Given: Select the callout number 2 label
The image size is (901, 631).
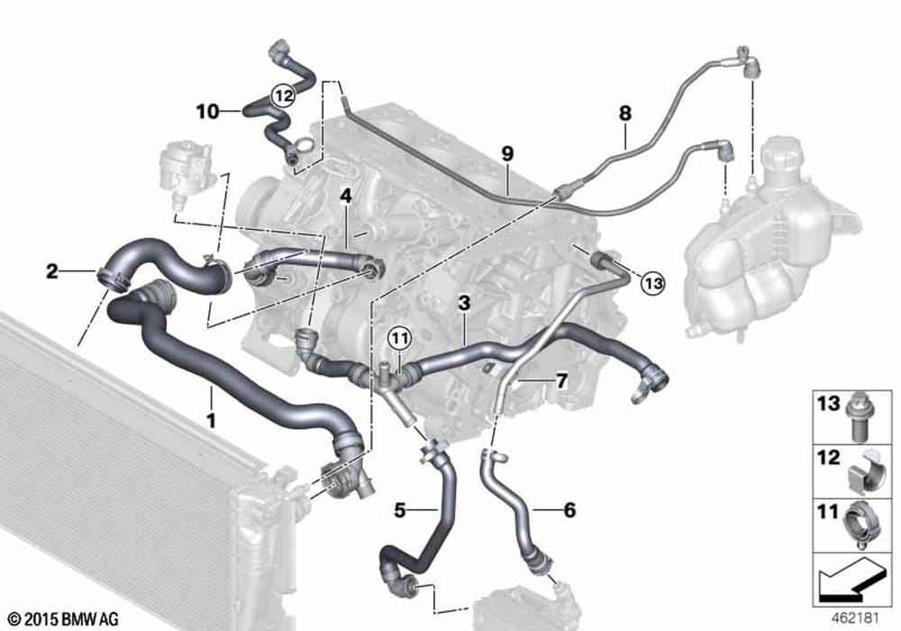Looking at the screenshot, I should (x=52, y=270).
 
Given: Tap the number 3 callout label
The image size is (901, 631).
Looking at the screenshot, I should (x=463, y=304).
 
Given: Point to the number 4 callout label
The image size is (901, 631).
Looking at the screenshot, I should (x=346, y=195).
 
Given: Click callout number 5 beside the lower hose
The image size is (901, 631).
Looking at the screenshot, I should (x=400, y=510).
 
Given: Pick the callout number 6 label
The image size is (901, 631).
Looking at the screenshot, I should (x=569, y=510).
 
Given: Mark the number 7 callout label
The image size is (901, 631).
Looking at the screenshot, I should (x=560, y=381).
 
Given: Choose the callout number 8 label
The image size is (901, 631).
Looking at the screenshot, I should (x=625, y=114).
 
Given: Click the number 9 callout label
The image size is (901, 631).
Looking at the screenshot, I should (x=507, y=154).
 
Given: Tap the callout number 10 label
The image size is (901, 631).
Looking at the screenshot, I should (x=207, y=111).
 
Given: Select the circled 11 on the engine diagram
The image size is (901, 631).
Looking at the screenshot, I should (x=399, y=339).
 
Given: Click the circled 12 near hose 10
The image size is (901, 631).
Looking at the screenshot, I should (x=282, y=94).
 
